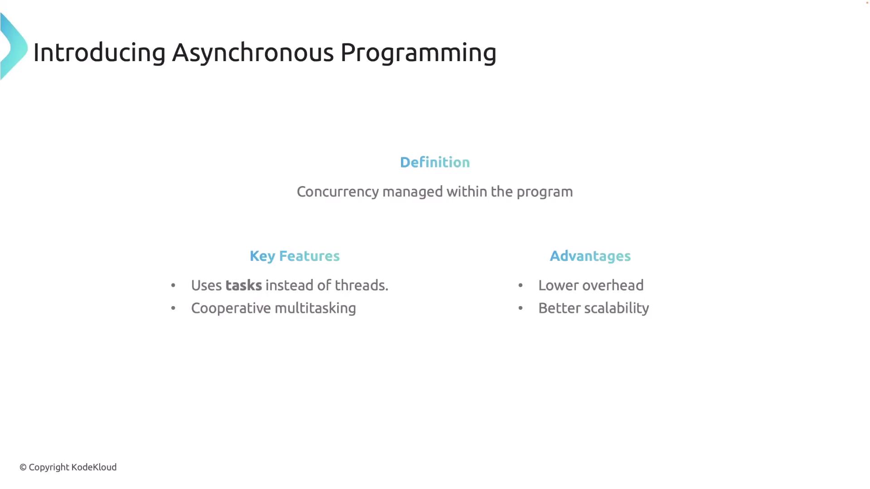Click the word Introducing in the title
click(x=99, y=52)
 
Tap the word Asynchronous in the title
click(x=253, y=53)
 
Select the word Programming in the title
click(x=418, y=53)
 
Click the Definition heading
click(x=435, y=162)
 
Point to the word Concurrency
click(x=338, y=192)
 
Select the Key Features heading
click(x=295, y=256)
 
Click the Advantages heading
click(x=590, y=256)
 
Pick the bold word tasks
click(x=243, y=285)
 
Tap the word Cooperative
click(x=231, y=308)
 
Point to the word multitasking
click(x=315, y=308)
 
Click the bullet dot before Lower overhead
click(x=521, y=285)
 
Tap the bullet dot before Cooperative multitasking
click(x=173, y=308)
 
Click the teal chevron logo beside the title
click(x=14, y=47)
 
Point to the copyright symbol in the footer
click(x=23, y=467)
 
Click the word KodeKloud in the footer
click(x=94, y=467)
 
